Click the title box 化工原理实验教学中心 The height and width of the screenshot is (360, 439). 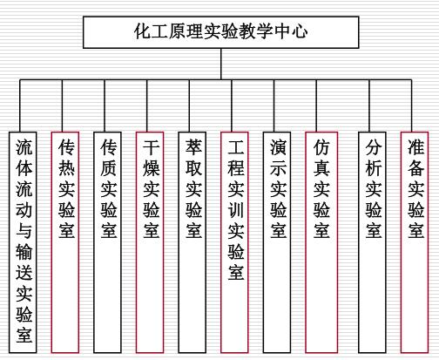point(221,32)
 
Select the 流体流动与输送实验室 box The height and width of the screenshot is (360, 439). point(23,242)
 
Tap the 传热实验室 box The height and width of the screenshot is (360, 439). point(65,242)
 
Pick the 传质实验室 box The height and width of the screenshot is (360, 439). point(107,242)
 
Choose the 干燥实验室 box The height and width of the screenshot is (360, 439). point(150,242)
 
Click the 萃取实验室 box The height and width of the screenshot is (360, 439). point(192,242)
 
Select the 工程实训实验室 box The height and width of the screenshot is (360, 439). point(234,242)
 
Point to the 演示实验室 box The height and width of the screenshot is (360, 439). point(277,242)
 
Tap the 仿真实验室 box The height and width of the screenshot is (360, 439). point(321,242)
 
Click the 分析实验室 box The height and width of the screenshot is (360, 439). point(372,242)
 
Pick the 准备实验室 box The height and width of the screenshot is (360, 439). point(415,242)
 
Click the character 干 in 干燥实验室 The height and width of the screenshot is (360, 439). point(151,147)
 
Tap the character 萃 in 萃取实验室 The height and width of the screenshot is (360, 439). point(193,147)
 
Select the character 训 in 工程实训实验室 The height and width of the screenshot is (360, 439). point(236,210)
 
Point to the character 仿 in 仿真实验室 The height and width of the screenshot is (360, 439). point(321,147)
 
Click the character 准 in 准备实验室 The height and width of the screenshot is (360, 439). point(415,147)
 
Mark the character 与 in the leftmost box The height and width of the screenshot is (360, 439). point(24,231)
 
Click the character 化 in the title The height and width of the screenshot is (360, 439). point(143,31)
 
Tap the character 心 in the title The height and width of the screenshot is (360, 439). point(300,31)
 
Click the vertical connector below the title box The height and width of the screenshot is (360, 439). point(221,64)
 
